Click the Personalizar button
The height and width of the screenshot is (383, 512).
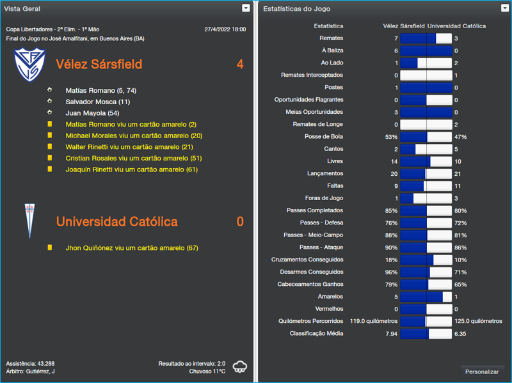pos(481,371)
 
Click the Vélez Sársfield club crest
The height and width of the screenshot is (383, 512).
pos(27,65)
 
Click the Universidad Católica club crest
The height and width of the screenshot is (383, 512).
pos(28,221)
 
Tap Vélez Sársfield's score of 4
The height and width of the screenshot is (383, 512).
pos(240,65)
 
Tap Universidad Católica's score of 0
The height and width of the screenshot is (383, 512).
pos(240,222)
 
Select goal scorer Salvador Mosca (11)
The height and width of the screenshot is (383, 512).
pos(97,102)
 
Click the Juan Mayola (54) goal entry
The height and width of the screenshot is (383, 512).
pos(92,113)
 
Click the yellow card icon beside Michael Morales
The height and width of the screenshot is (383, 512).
pos(50,136)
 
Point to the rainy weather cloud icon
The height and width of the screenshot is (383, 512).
pos(241,366)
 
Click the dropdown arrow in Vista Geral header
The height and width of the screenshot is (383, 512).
pos(246,8)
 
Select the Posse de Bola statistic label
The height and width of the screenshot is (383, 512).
pos(324,137)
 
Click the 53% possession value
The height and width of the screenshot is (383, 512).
pos(391,137)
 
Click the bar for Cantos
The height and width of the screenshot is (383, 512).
pos(426,149)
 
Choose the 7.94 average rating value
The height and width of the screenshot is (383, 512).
pos(391,334)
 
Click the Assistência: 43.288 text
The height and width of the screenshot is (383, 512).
pos(30,363)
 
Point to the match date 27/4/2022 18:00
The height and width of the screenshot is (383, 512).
pos(225,29)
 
